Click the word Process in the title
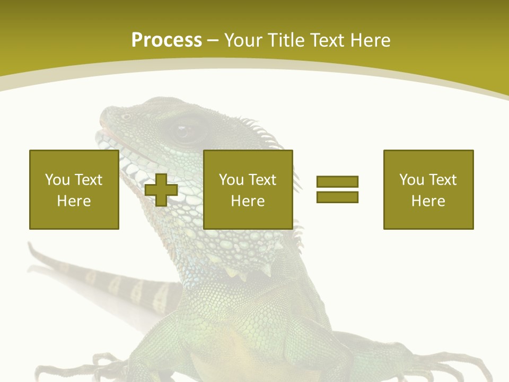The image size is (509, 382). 166,40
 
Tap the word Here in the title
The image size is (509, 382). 370,40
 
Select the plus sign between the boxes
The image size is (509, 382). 161,190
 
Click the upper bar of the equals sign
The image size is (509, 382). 337,182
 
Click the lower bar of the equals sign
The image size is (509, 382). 337,197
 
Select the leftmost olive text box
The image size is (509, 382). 74,190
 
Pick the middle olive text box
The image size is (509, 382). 248,190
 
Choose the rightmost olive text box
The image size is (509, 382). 428,190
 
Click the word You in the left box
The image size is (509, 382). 57,180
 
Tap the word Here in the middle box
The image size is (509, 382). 248,201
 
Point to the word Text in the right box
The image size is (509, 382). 443,180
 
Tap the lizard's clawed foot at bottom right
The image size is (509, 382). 467,366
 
